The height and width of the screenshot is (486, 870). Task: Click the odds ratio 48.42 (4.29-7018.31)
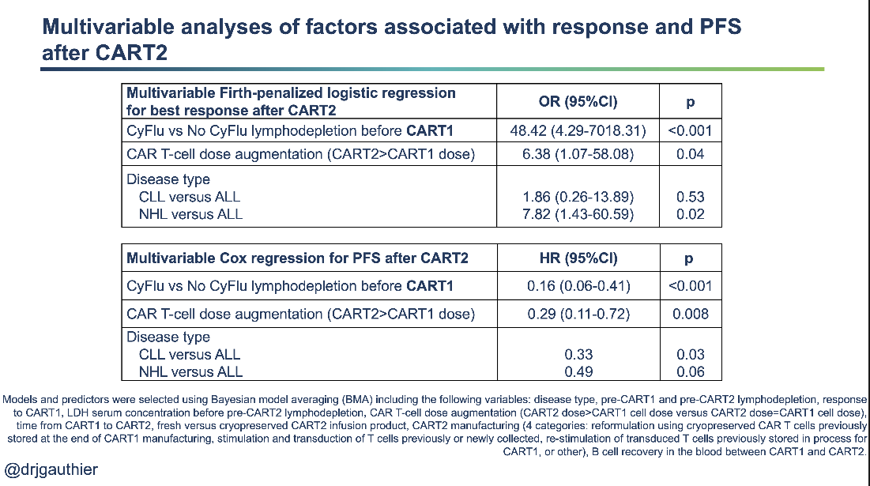coord(578,130)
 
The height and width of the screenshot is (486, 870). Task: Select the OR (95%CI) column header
coord(578,102)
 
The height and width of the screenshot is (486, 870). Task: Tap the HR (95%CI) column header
coord(578,258)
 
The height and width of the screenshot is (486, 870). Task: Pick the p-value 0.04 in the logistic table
coord(690,154)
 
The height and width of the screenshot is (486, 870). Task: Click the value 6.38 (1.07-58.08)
coord(578,154)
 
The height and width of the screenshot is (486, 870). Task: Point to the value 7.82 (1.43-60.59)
coord(578,214)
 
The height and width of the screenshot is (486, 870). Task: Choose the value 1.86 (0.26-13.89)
coord(578,197)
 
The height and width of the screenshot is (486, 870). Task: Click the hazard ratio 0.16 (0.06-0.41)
coord(578,286)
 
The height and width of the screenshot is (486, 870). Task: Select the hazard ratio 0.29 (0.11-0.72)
coord(578,314)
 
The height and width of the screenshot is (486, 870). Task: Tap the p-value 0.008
coord(690,314)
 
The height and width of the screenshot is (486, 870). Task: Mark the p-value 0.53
coord(690,197)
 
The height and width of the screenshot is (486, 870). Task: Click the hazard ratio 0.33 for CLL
coord(578,355)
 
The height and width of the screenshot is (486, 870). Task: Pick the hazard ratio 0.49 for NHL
coord(578,371)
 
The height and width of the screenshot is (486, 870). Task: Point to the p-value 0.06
coord(690,371)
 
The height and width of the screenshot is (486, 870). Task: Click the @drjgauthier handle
coord(51,469)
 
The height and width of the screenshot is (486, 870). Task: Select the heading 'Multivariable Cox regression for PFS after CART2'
coord(297,258)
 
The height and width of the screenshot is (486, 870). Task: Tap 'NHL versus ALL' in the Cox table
coord(190,371)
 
